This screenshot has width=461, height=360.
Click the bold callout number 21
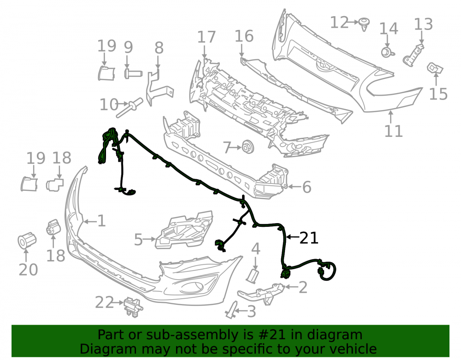(x=309, y=238)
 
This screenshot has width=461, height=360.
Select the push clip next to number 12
(x=364, y=24)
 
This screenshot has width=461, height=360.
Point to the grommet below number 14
(x=387, y=52)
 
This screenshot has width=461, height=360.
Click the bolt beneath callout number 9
(x=133, y=73)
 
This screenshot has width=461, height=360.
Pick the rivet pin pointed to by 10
(x=130, y=107)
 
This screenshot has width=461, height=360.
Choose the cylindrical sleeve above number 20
(x=27, y=241)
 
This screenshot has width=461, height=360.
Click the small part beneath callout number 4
(x=253, y=276)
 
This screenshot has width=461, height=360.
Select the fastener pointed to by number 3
(x=232, y=310)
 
